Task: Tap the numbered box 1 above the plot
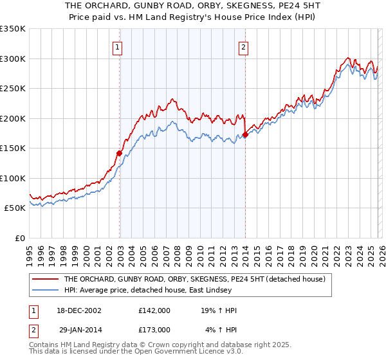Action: tap(119, 46)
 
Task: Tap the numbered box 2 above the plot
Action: tap(244, 46)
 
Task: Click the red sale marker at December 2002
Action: tap(120, 153)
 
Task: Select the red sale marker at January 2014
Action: tap(245, 135)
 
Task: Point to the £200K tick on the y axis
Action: tap(13, 118)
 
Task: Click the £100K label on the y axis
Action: tap(13, 178)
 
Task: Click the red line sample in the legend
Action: tap(46, 280)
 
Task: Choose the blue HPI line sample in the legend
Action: tap(46, 290)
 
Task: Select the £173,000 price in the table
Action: tap(154, 329)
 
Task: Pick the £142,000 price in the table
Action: tap(154, 310)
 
